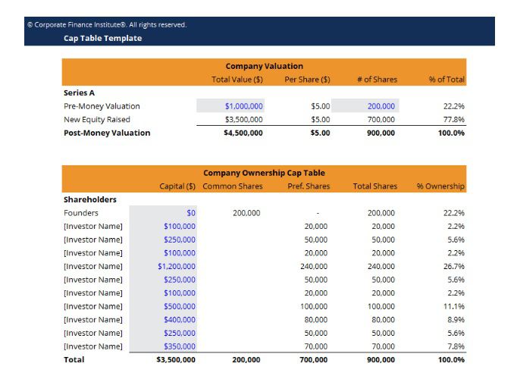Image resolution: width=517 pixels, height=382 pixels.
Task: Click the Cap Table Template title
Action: [102, 38]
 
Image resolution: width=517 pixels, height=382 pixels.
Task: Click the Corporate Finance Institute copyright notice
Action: [106, 24]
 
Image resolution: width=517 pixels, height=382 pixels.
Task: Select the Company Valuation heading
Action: [264, 66]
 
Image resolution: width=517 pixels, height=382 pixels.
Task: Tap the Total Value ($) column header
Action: [237, 80]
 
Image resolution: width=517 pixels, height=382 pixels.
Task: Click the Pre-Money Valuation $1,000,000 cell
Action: [243, 106]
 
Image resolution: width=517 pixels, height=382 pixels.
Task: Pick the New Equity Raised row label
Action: [97, 120]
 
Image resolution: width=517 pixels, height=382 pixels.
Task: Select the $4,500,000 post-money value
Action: [243, 133]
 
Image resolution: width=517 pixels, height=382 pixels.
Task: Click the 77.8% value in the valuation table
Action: [453, 120]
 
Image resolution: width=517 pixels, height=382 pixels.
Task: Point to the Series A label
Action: [79, 92]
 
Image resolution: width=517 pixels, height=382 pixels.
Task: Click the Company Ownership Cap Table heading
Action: [264, 173]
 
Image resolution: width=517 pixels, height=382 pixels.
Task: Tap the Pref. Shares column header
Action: [308, 186]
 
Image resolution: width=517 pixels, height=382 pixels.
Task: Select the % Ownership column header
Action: [440, 186]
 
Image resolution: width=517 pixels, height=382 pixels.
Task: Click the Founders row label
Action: [81, 213]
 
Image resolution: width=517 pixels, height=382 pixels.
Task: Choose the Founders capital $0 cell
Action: [190, 213]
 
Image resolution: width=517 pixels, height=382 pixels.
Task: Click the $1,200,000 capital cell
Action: [177, 266]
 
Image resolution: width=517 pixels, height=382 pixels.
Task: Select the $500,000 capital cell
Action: [180, 306]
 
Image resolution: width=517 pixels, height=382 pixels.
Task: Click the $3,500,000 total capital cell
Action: [175, 359]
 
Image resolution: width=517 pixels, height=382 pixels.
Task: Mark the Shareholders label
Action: [90, 199]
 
